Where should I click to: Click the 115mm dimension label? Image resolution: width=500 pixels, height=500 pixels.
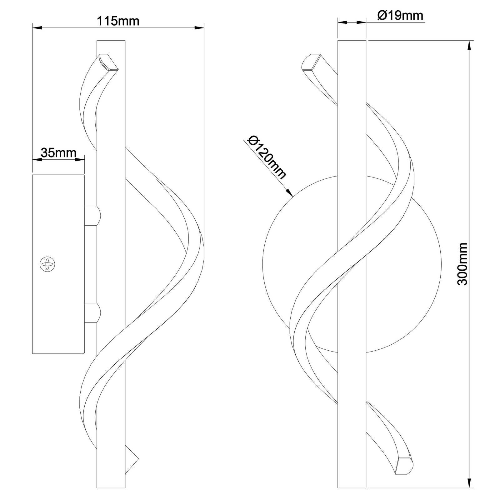(x=118, y=21)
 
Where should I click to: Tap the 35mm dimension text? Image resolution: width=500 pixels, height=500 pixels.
(x=58, y=153)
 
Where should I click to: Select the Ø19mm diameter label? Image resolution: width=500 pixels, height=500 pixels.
(x=400, y=15)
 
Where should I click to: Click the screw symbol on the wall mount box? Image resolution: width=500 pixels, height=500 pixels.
(x=47, y=264)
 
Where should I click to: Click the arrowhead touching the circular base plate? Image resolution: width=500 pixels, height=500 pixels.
(x=289, y=192)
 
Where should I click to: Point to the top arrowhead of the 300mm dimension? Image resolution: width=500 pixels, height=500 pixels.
(x=469, y=46)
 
